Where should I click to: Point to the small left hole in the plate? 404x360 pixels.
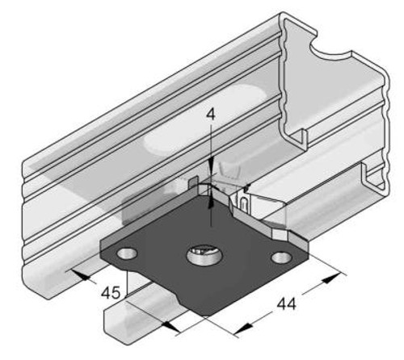(126, 253)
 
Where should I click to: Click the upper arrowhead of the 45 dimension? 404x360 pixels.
(83, 275)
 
